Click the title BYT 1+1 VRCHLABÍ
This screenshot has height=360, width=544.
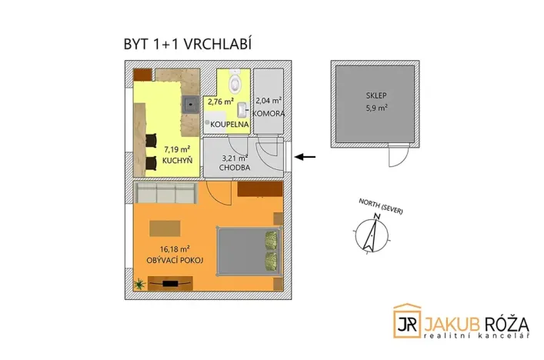(x=187, y=45)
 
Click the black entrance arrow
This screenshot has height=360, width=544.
(x=305, y=157)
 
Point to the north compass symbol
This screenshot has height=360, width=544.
(x=371, y=234)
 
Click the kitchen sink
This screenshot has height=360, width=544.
(x=189, y=100)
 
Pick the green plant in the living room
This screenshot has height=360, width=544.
(x=139, y=285)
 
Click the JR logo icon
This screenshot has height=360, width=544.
(x=408, y=322)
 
